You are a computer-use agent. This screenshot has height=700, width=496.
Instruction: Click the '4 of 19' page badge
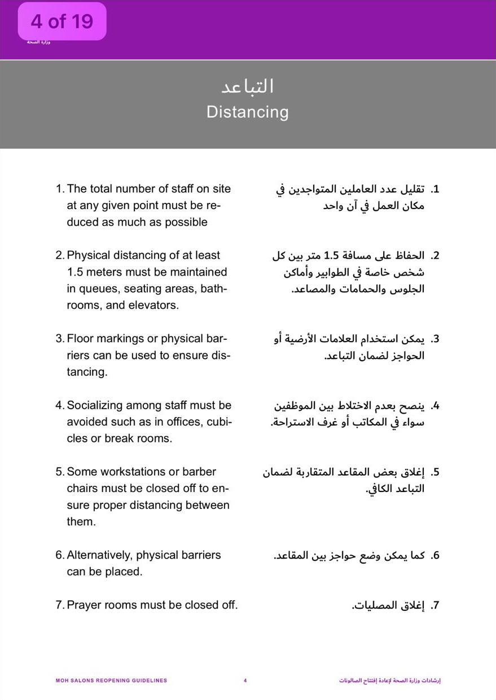[62, 21]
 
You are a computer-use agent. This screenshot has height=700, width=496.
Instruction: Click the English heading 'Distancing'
[247, 112]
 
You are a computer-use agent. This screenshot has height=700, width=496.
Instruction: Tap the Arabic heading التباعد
[247, 86]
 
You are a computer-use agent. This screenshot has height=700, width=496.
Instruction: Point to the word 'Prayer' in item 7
[84, 605]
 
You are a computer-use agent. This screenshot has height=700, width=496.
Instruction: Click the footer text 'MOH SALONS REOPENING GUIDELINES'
[111, 681]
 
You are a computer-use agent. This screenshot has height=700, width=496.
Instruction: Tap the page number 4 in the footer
[245, 681]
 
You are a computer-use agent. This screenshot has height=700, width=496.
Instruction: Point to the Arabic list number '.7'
[434, 606]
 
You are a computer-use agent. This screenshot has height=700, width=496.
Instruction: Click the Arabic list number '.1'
[434, 189]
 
